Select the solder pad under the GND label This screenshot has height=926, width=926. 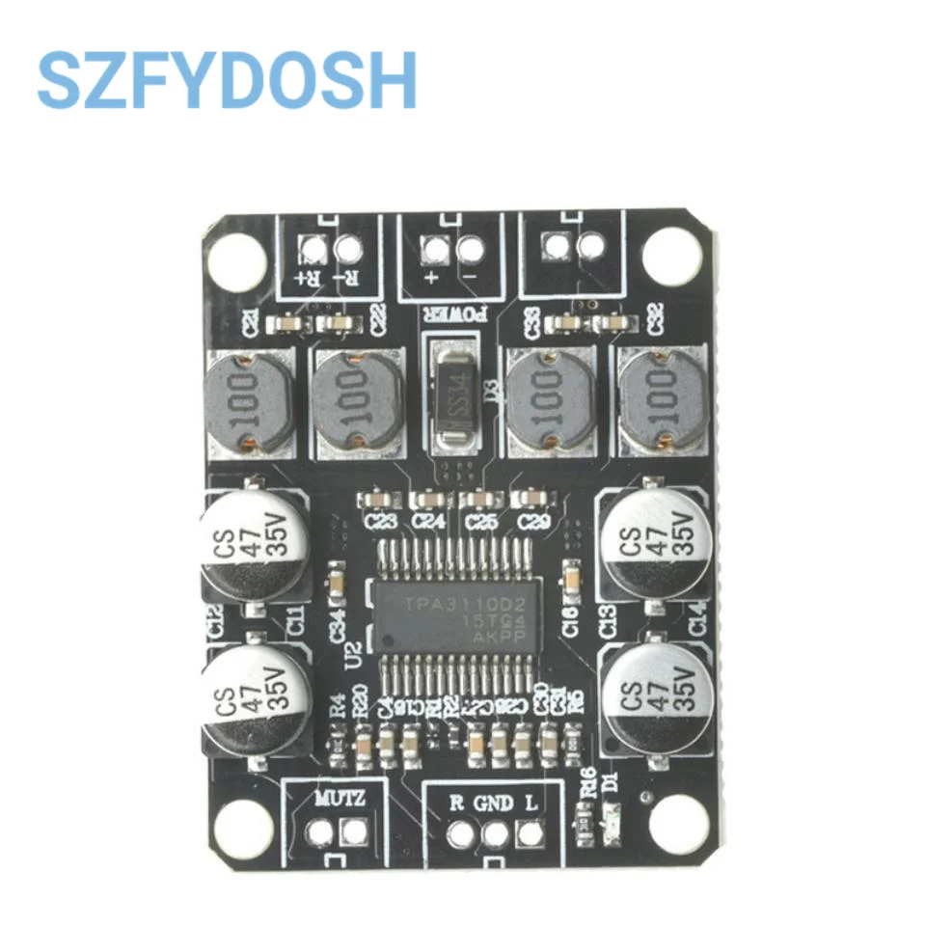495,832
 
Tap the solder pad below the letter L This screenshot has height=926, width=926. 529,831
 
